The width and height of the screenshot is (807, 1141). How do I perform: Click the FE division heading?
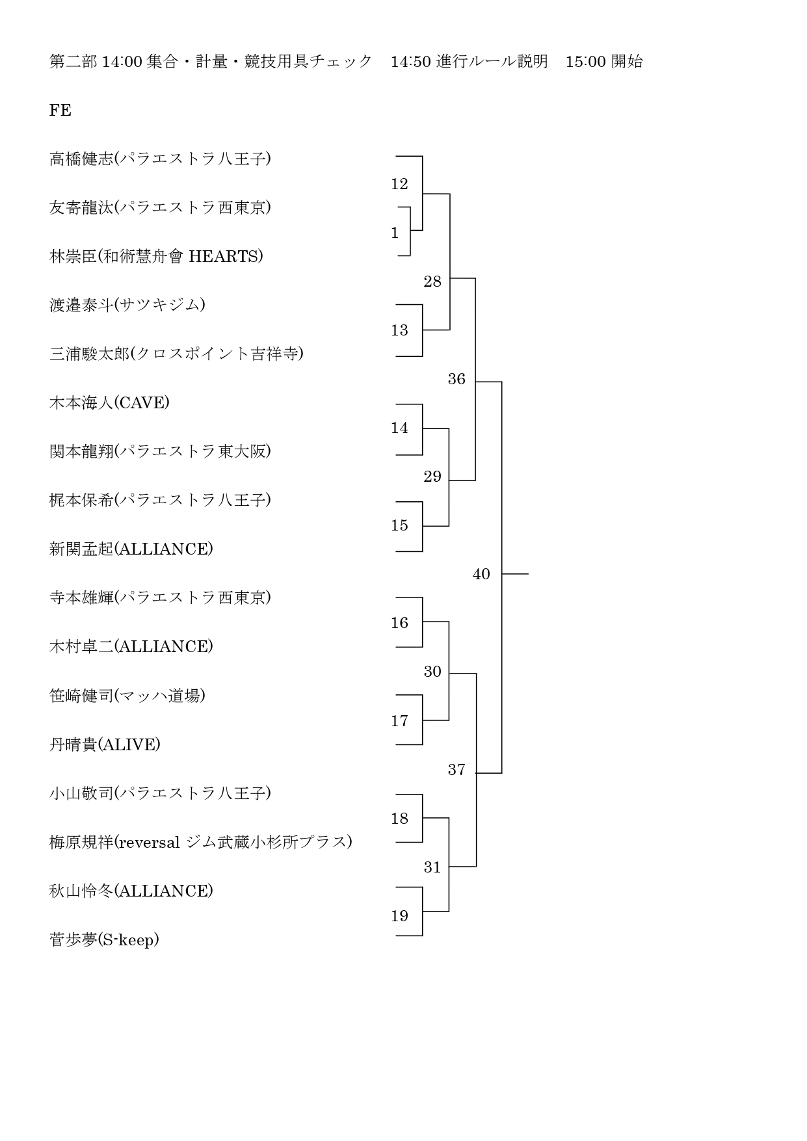click(x=60, y=111)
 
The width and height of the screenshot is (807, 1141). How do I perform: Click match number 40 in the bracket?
click(x=481, y=574)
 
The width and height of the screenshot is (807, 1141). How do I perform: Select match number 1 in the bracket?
click(x=395, y=233)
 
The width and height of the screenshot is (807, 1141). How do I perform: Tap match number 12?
click(x=399, y=184)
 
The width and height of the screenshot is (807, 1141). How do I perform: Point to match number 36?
click(x=456, y=379)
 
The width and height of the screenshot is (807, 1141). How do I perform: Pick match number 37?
click(x=456, y=770)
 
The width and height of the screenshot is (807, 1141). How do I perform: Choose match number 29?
click(x=432, y=477)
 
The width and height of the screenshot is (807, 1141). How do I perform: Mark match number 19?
click(x=399, y=916)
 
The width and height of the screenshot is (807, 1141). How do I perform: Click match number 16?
click(x=399, y=623)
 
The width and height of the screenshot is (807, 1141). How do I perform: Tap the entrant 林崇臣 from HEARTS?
click(x=156, y=256)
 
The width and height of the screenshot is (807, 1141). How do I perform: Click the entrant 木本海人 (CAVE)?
click(x=109, y=402)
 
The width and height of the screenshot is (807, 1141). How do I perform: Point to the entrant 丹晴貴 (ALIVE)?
click(x=105, y=744)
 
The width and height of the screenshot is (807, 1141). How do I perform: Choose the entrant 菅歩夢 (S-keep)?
click(x=104, y=939)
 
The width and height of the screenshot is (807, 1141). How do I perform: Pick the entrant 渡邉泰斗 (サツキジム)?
click(x=127, y=305)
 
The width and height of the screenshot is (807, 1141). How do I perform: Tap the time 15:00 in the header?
click(x=586, y=62)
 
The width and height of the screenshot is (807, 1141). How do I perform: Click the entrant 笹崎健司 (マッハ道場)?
click(x=127, y=696)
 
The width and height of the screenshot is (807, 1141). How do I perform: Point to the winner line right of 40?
click(x=515, y=574)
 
